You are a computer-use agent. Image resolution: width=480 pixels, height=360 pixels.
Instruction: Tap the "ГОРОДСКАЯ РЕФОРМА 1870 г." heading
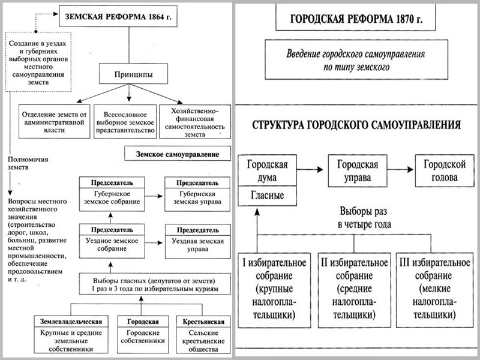[356, 19]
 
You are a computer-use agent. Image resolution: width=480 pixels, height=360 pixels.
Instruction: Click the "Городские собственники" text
[138, 338]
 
